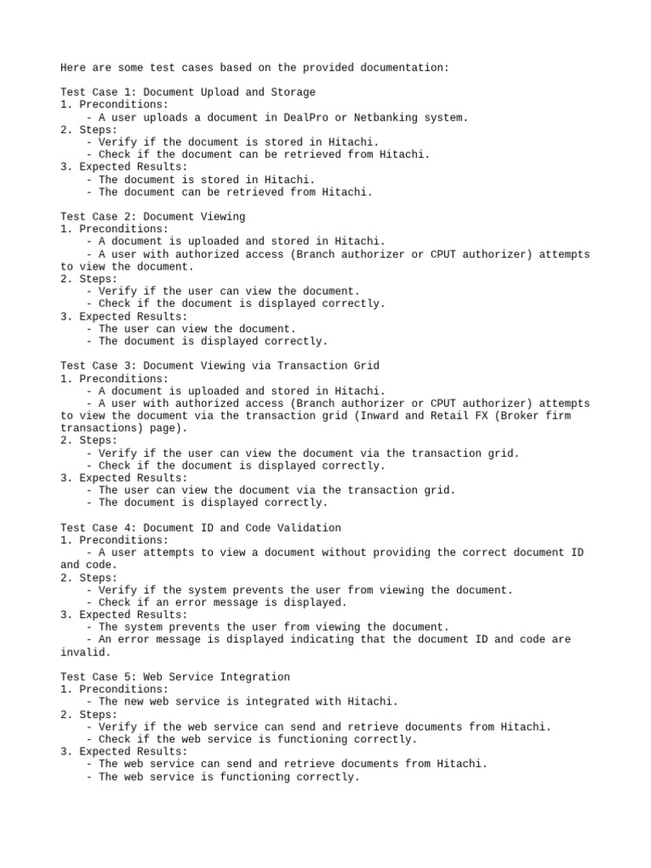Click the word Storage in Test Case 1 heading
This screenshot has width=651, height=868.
293,92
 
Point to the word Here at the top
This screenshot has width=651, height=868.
73,67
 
